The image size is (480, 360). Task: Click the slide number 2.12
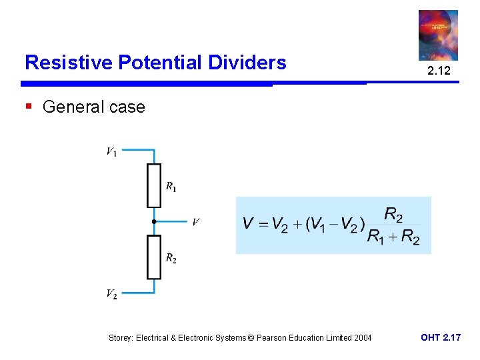coord(438,71)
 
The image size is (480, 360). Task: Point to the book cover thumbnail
coord(438,35)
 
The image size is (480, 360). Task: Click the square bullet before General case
coord(28,106)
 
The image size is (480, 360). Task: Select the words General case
coord(93,107)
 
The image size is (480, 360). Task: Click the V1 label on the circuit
coord(111,152)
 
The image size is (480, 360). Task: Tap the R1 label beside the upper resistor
coord(171,186)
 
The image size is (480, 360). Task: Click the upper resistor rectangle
coord(154,185)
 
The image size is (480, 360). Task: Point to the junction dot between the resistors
coord(153,221)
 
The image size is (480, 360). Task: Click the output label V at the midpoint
coord(195,222)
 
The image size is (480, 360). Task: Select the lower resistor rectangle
coord(154,257)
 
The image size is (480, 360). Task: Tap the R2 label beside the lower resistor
coord(171,258)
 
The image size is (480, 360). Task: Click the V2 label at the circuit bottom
coord(111,293)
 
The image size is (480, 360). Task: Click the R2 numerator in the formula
coord(393,215)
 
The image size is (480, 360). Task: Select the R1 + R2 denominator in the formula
coord(393,237)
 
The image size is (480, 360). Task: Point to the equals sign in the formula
coord(263,225)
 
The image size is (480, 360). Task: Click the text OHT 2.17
coord(440,338)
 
